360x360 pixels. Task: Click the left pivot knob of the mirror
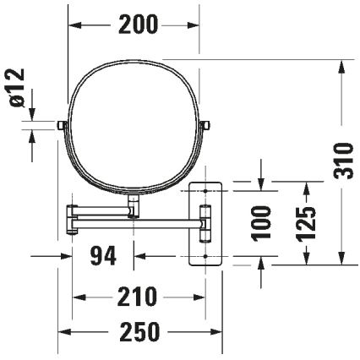tap(62, 125)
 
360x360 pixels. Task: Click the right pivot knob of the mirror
tap(205, 125)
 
